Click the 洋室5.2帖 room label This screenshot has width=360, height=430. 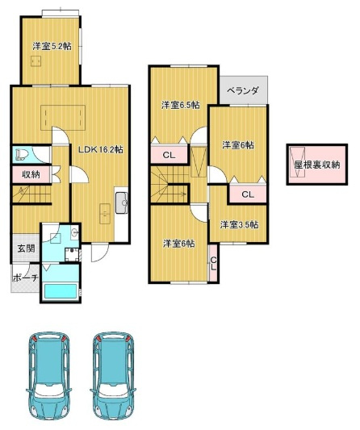click(x=52, y=46)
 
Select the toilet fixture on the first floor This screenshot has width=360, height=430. click(x=22, y=153)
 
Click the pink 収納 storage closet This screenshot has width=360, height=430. click(x=31, y=174)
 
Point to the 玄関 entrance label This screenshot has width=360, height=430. click(x=24, y=248)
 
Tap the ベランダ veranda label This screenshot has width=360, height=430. click(x=242, y=91)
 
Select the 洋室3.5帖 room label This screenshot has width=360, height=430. click(x=237, y=224)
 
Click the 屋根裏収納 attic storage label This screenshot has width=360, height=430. click(x=316, y=165)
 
